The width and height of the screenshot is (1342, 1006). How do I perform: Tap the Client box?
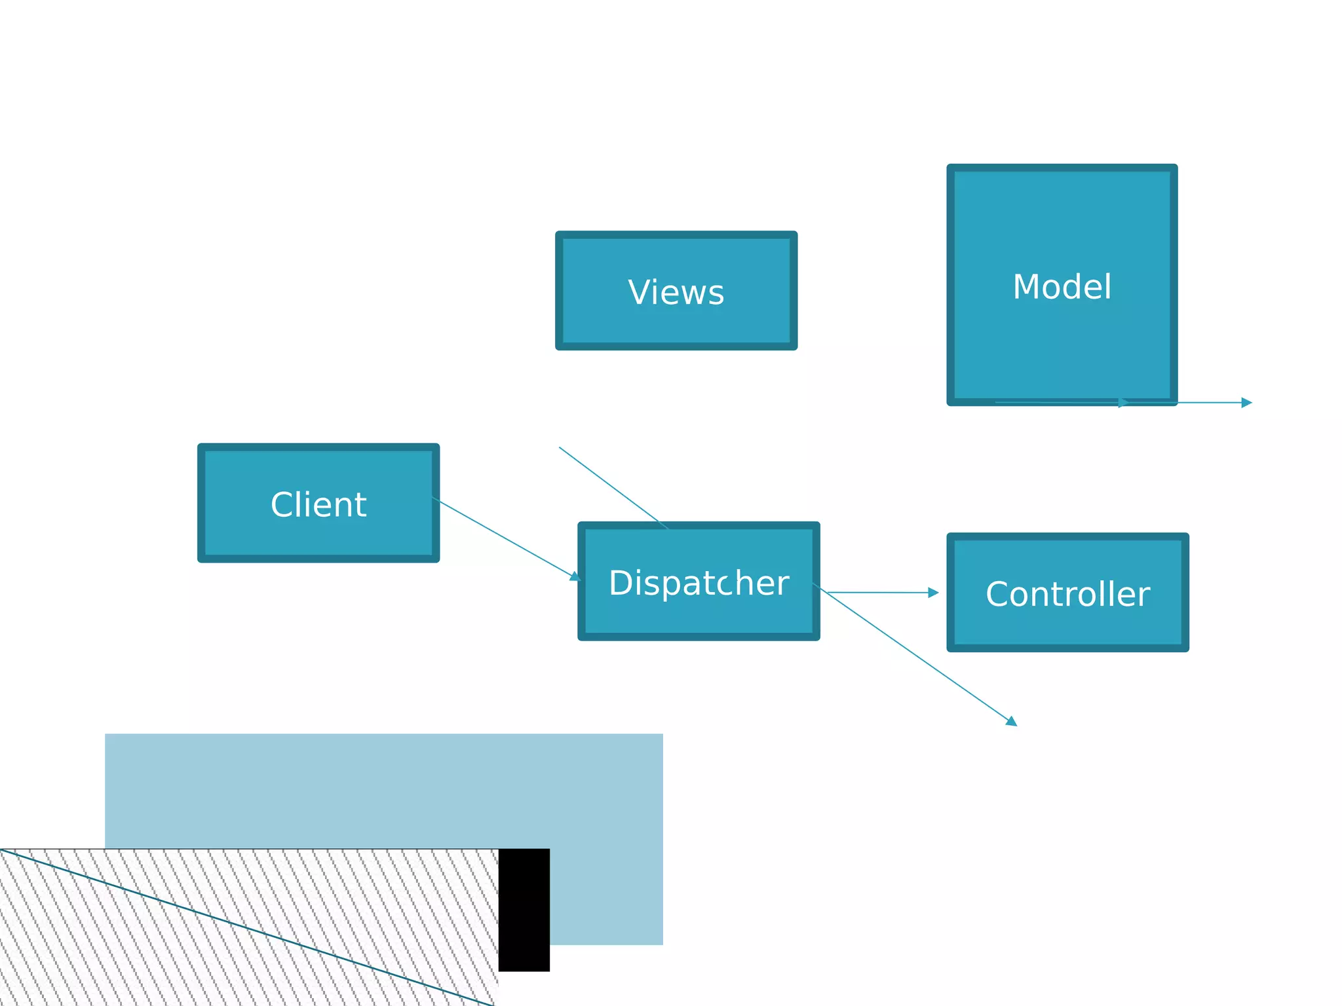click(x=318, y=537)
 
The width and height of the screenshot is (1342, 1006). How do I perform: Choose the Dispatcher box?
click(x=699, y=616)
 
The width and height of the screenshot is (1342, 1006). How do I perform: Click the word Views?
click(x=676, y=292)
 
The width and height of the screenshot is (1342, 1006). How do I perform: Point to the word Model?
click(x=1062, y=287)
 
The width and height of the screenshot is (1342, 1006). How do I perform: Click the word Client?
click(x=318, y=504)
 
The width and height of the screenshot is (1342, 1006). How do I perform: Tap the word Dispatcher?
click(x=699, y=583)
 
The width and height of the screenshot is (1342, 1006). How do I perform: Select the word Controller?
click(x=1067, y=594)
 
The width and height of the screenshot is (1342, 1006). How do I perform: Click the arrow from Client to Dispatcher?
click(x=505, y=538)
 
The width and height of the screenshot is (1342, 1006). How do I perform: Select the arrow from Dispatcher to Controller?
click(x=878, y=593)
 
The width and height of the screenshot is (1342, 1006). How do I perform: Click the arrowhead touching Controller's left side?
click(x=933, y=593)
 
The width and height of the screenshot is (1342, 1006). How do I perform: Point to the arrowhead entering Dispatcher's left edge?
click(x=575, y=576)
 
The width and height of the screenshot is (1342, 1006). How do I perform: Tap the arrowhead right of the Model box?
click(x=1246, y=403)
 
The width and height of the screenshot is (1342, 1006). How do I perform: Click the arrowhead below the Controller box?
click(x=1012, y=722)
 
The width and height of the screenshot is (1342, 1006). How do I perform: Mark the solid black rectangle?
click(x=524, y=910)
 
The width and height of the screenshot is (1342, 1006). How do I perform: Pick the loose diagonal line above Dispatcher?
click(x=613, y=487)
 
